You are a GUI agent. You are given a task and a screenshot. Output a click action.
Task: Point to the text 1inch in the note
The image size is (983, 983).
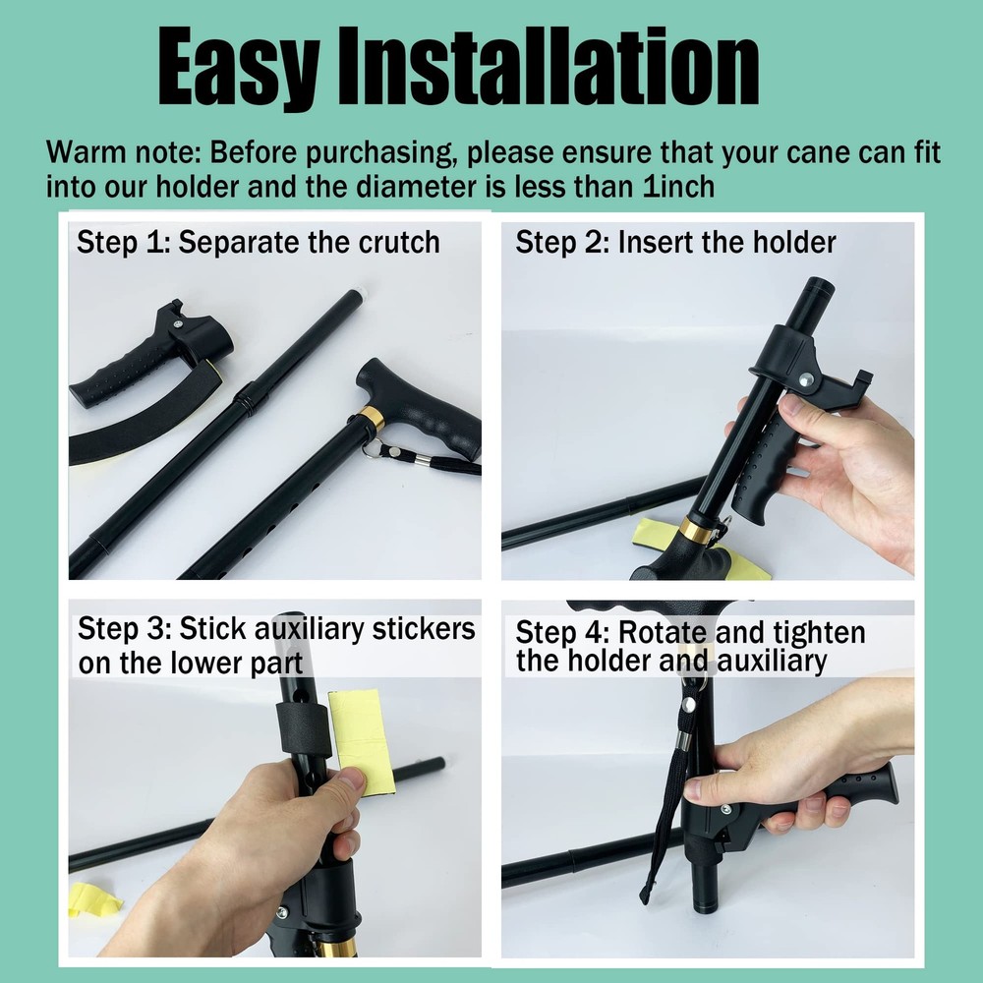tap(678, 186)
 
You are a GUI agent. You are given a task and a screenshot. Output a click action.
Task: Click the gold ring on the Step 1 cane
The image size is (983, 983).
tap(372, 419)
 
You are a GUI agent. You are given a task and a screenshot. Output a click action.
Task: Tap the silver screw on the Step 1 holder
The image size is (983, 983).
tap(178, 318)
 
